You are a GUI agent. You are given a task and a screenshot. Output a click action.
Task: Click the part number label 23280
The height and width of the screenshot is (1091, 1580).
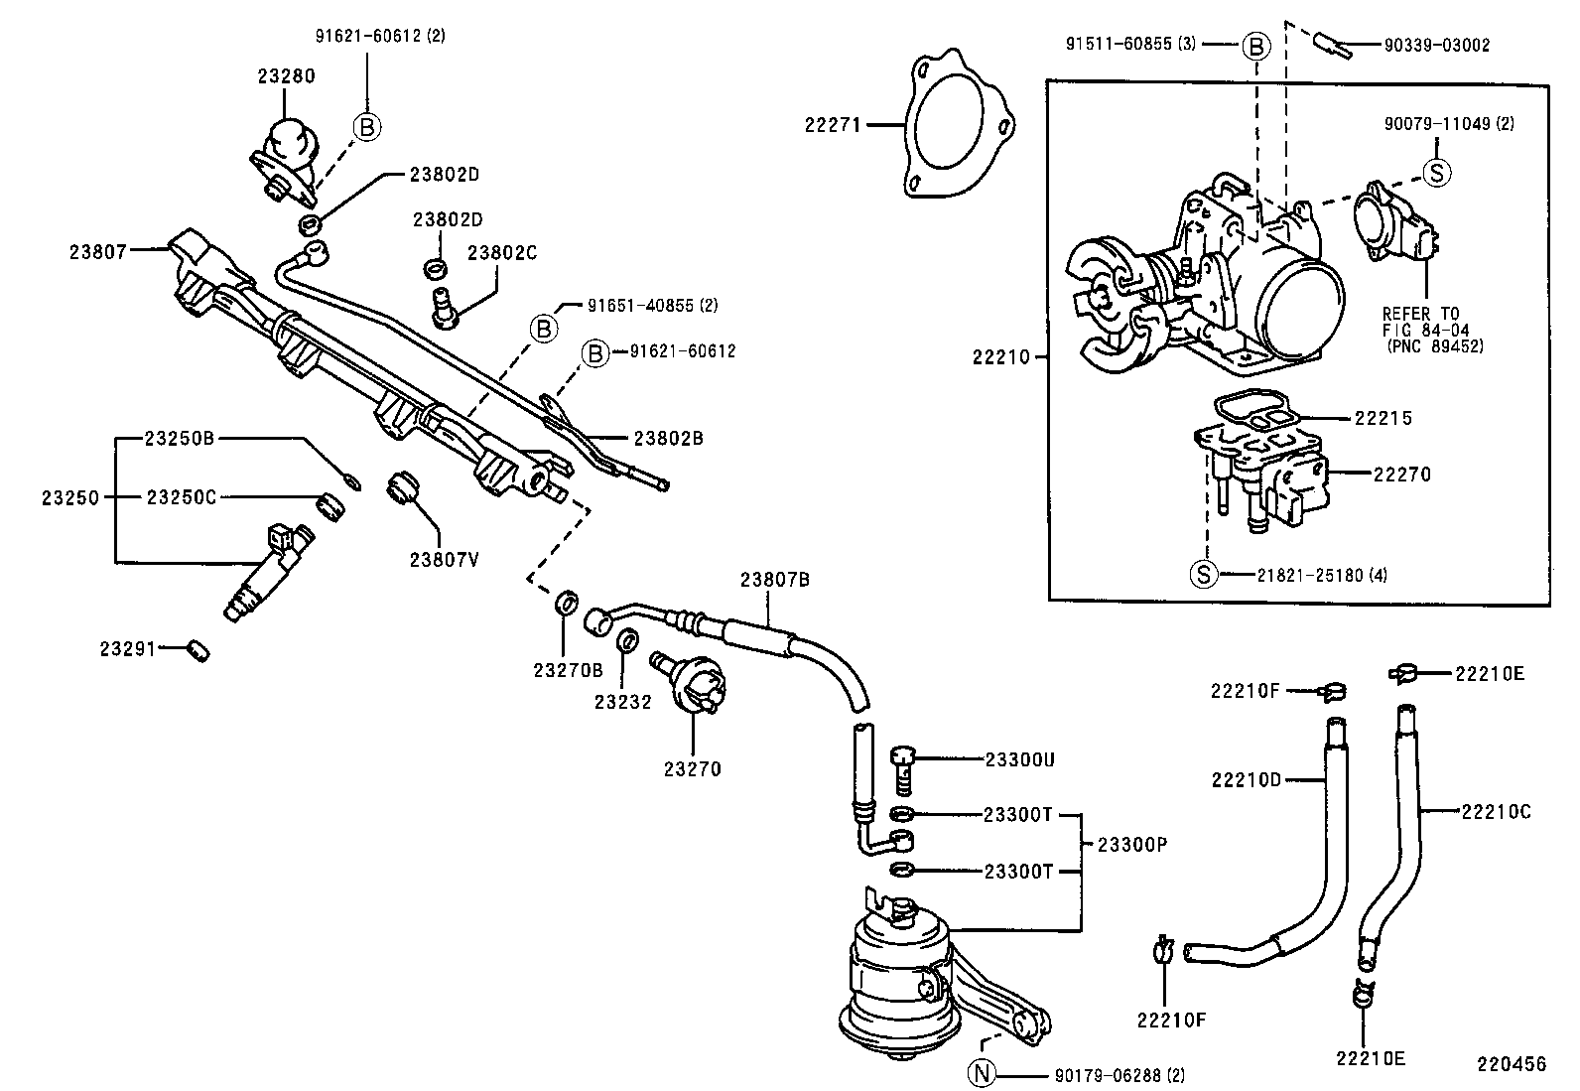click(x=287, y=75)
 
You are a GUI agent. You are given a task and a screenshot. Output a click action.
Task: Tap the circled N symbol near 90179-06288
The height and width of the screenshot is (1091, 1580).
click(x=981, y=1074)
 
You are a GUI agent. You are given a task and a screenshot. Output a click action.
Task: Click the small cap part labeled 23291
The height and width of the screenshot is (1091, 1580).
click(x=198, y=650)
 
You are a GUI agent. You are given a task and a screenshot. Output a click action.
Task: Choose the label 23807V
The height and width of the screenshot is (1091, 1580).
click(x=444, y=559)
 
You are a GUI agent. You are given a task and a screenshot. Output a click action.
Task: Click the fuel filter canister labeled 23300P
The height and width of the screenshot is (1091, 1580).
click(x=898, y=973)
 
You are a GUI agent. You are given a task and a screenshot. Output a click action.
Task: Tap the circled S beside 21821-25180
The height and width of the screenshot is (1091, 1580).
click(x=1203, y=575)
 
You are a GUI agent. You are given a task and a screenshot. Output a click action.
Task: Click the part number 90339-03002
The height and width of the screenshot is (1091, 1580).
click(x=1436, y=45)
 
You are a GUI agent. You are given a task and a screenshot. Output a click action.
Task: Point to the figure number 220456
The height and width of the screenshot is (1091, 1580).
click(x=1510, y=1064)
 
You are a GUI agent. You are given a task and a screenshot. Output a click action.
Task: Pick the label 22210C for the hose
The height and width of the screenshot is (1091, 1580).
click(x=1496, y=812)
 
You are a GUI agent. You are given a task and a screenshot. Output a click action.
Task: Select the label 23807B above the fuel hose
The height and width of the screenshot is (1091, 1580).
click(x=775, y=579)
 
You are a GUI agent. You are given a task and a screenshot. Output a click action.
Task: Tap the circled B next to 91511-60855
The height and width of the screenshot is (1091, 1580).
click(x=1255, y=45)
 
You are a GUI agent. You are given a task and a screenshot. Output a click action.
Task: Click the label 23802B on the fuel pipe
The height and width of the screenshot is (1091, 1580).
click(x=668, y=438)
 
